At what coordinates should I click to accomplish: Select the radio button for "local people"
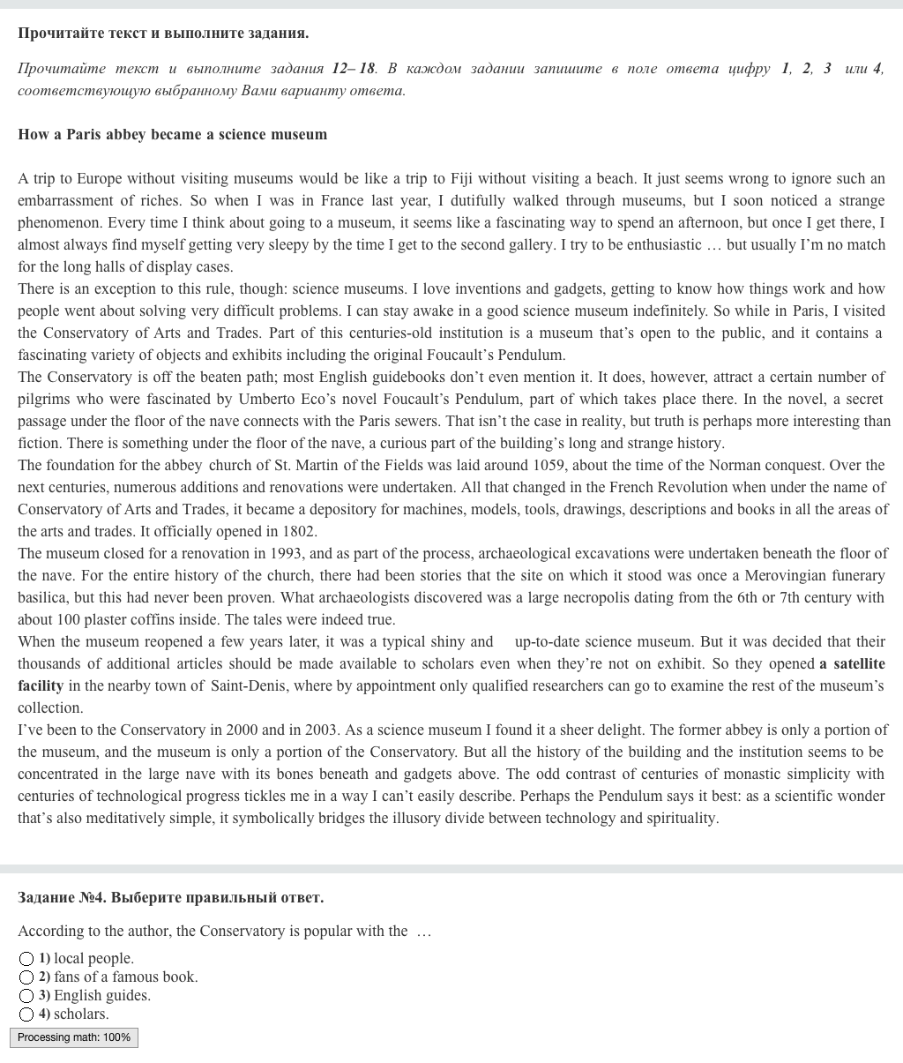click(26, 959)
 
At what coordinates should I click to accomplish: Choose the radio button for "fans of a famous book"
click(26, 977)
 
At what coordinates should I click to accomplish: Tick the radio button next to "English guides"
click(26, 996)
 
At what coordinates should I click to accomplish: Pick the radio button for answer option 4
click(26, 1014)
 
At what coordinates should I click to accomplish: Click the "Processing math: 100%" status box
click(74, 1037)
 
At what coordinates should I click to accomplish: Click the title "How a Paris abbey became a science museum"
click(172, 135)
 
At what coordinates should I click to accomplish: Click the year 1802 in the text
click(299, 532)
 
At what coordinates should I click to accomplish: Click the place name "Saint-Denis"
click(251, 686)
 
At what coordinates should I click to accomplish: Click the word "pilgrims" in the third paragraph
click(44, 400)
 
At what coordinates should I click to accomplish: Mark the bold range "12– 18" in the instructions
click(354, 69)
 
